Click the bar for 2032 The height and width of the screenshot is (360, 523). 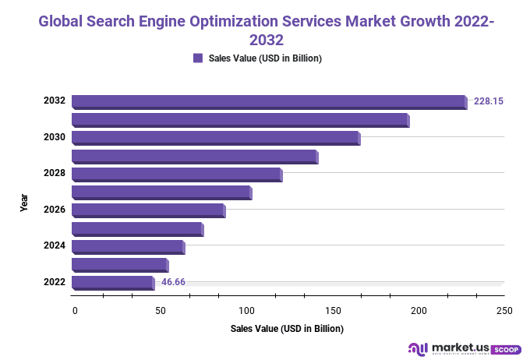click(269, 101)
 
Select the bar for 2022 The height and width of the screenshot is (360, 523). click(113, 283)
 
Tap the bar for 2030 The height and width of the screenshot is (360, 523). click(215, 138)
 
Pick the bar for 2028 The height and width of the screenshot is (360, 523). click(176, 174)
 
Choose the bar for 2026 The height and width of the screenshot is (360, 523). click(148, 210)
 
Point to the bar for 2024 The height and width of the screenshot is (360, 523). click(128, 246)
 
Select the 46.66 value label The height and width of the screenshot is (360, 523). click(173, 282)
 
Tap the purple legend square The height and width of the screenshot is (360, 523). click(198, 58)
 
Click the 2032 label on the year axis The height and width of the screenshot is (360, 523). click(54, 101)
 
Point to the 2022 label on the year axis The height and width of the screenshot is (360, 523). click(54, 282)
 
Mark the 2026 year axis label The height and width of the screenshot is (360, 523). click(54, 210)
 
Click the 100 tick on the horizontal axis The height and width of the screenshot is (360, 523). click(247, 311)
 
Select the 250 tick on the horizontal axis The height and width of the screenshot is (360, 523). click(504, 311)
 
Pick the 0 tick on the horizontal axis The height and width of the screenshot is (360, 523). click(75, 311)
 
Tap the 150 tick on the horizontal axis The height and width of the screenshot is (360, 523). click(333, 311)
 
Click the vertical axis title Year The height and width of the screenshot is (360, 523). click(24, 203)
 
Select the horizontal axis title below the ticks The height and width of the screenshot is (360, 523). click(287, 329)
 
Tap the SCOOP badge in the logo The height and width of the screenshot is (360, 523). click(507, 348)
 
